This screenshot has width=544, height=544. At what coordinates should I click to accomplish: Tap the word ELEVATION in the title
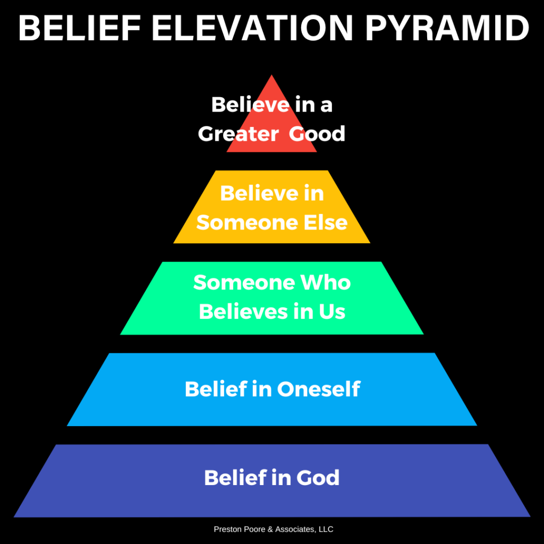tap(253, 28)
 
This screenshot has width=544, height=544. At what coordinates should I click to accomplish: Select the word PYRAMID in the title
tap(447, 28)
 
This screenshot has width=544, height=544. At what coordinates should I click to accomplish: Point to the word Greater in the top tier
tap(239, 133)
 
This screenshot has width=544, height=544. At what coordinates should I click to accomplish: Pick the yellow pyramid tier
tap(271, 207)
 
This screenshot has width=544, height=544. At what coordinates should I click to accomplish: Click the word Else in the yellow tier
tap(326, 223)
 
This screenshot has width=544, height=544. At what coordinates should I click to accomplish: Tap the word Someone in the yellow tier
tap(248, 223)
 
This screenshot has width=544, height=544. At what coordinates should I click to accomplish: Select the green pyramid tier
tap(271, 299)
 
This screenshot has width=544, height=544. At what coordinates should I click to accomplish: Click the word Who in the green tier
tap(326, 283)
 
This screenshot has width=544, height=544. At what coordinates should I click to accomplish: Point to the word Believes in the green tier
tap(243, 311)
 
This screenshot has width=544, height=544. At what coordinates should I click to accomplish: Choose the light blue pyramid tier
tap(271, 389)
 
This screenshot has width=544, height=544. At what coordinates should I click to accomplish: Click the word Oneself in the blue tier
tap(319, 389)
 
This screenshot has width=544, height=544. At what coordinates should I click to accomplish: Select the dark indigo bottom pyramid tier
tap(271, 481)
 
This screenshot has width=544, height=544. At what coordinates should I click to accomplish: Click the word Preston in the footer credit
tap(226, 530)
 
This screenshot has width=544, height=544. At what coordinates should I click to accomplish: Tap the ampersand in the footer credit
tap(270, 530)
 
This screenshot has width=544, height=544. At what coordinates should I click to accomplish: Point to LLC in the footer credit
tap(326, 530)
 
